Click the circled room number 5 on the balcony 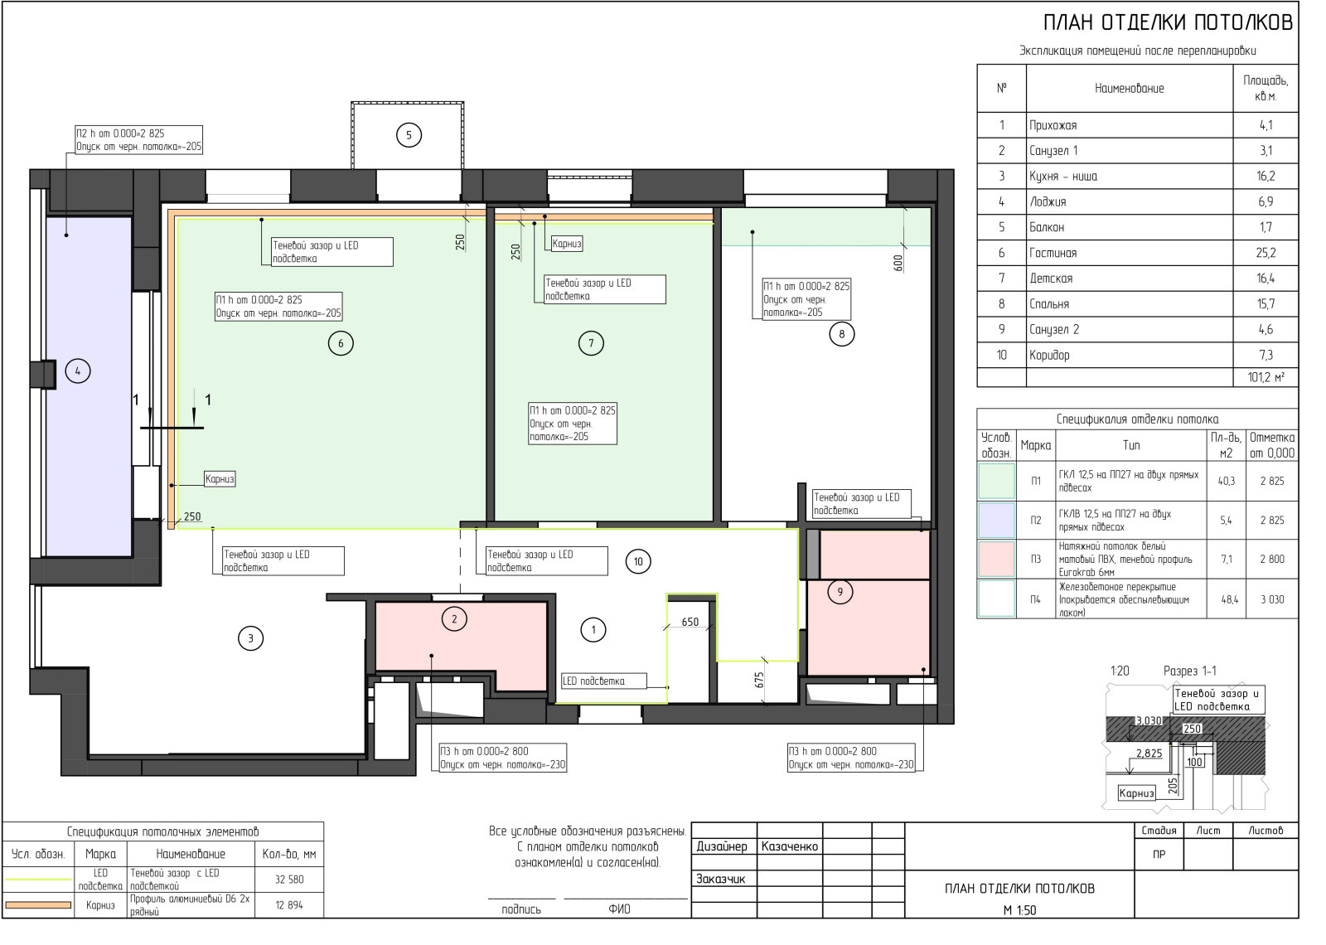pos(409,136)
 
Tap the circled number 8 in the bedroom pos(842,335)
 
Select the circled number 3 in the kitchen pos(250,638)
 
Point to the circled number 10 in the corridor pos(638,561)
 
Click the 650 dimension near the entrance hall pos(690,622)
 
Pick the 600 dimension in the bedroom pos(898,262)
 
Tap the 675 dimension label pos(759,680)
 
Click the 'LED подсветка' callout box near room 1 pos(604,681)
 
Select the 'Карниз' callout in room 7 pos(567,244)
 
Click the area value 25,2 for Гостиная pos(1266,253)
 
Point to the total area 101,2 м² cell pos(1266,377)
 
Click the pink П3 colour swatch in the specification pos(997,559)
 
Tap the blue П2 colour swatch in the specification pos(997,520)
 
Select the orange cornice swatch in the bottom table pos(38,904)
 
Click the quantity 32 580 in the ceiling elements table pos(289,880)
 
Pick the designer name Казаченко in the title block pos(790,846)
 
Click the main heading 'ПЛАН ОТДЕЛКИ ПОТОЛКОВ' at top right pos(1168,22)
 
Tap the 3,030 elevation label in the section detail pos(1149,720)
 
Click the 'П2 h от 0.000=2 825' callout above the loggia pos(120,133)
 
